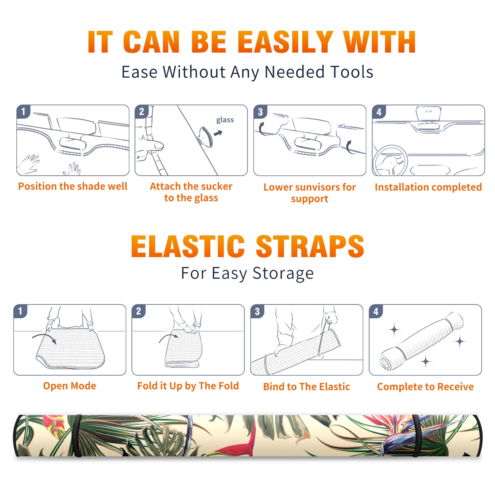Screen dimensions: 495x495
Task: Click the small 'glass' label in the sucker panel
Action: click(225, 120)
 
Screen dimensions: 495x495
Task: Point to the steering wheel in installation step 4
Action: click(390, 161)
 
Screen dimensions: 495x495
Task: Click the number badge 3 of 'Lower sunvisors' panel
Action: click(260, 112)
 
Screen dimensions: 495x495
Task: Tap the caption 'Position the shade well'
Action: click(73, 186)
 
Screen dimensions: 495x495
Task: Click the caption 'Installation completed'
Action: click(428, 187)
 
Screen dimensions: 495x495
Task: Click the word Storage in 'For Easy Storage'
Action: click(283, 273)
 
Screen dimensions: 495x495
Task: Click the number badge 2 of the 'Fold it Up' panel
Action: click(138, 311)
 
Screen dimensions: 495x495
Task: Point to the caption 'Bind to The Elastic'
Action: click(306, 387)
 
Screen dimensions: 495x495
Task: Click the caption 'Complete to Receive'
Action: click(425, 387)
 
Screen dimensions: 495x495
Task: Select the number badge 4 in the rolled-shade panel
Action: click(376, 311)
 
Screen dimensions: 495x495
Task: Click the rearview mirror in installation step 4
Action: click(428, 114)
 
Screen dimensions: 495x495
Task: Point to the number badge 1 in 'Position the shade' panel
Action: click(23, 111)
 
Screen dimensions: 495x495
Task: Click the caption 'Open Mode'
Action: click(70, 386)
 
